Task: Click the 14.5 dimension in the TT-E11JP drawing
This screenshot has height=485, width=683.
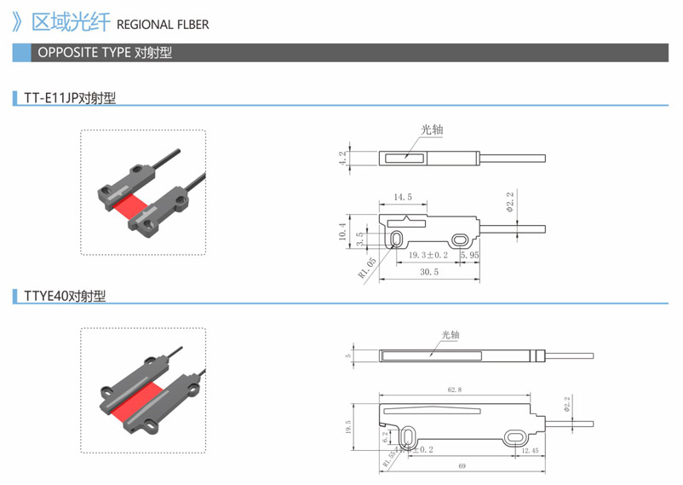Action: tap(403, 197)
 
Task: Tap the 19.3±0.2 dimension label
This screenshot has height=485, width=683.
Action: tap(427, 255)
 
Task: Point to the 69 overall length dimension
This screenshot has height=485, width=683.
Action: tap(462, 466)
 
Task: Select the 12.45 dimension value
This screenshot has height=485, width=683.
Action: tap(529, 450)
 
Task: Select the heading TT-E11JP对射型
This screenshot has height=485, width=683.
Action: tap(70, 98)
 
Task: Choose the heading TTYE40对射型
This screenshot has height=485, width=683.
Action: tap(65, 297)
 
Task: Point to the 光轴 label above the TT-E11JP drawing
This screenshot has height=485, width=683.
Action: tap(432, 130)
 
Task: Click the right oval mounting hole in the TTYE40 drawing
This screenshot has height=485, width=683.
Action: tap(517, 437)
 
